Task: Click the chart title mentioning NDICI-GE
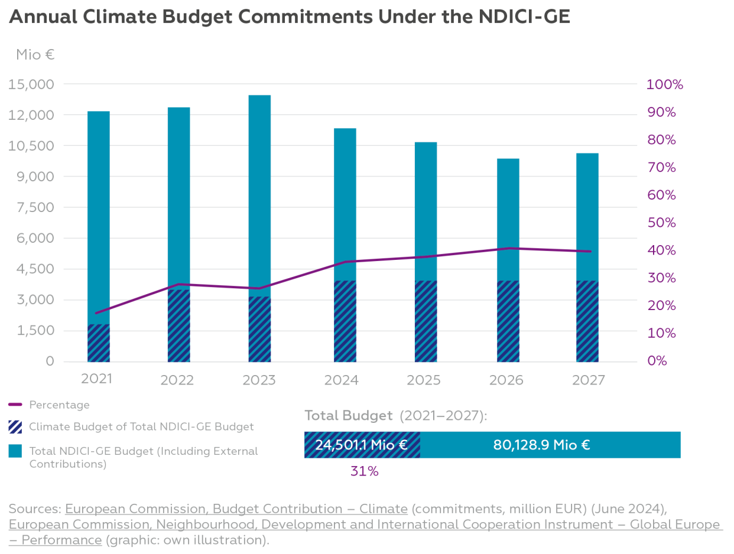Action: tap(290, 17)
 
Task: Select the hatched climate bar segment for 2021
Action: tap(99, 343)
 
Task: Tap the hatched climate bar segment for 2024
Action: tap(345, 321)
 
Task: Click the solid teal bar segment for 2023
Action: tap(259, 195)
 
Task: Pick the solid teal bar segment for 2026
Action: tap(508, 219)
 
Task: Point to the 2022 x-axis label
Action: tap(177, 380)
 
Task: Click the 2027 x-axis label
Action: tap(588, 380)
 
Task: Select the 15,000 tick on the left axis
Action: tap(32, 84)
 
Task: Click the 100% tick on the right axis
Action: tap(665, 84)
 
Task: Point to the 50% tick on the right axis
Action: tap(662, 223)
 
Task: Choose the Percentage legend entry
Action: tap(59, 405)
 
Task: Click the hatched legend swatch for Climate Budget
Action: tap(15, 426)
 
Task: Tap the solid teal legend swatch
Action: tap(15, 451)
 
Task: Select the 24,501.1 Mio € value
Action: tap(361, 445)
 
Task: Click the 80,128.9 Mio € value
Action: tap(541, 445)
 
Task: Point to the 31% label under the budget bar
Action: tap(363, 471)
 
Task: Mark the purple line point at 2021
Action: tap(96, 312)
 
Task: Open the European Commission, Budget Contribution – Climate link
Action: tap(236, 509)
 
